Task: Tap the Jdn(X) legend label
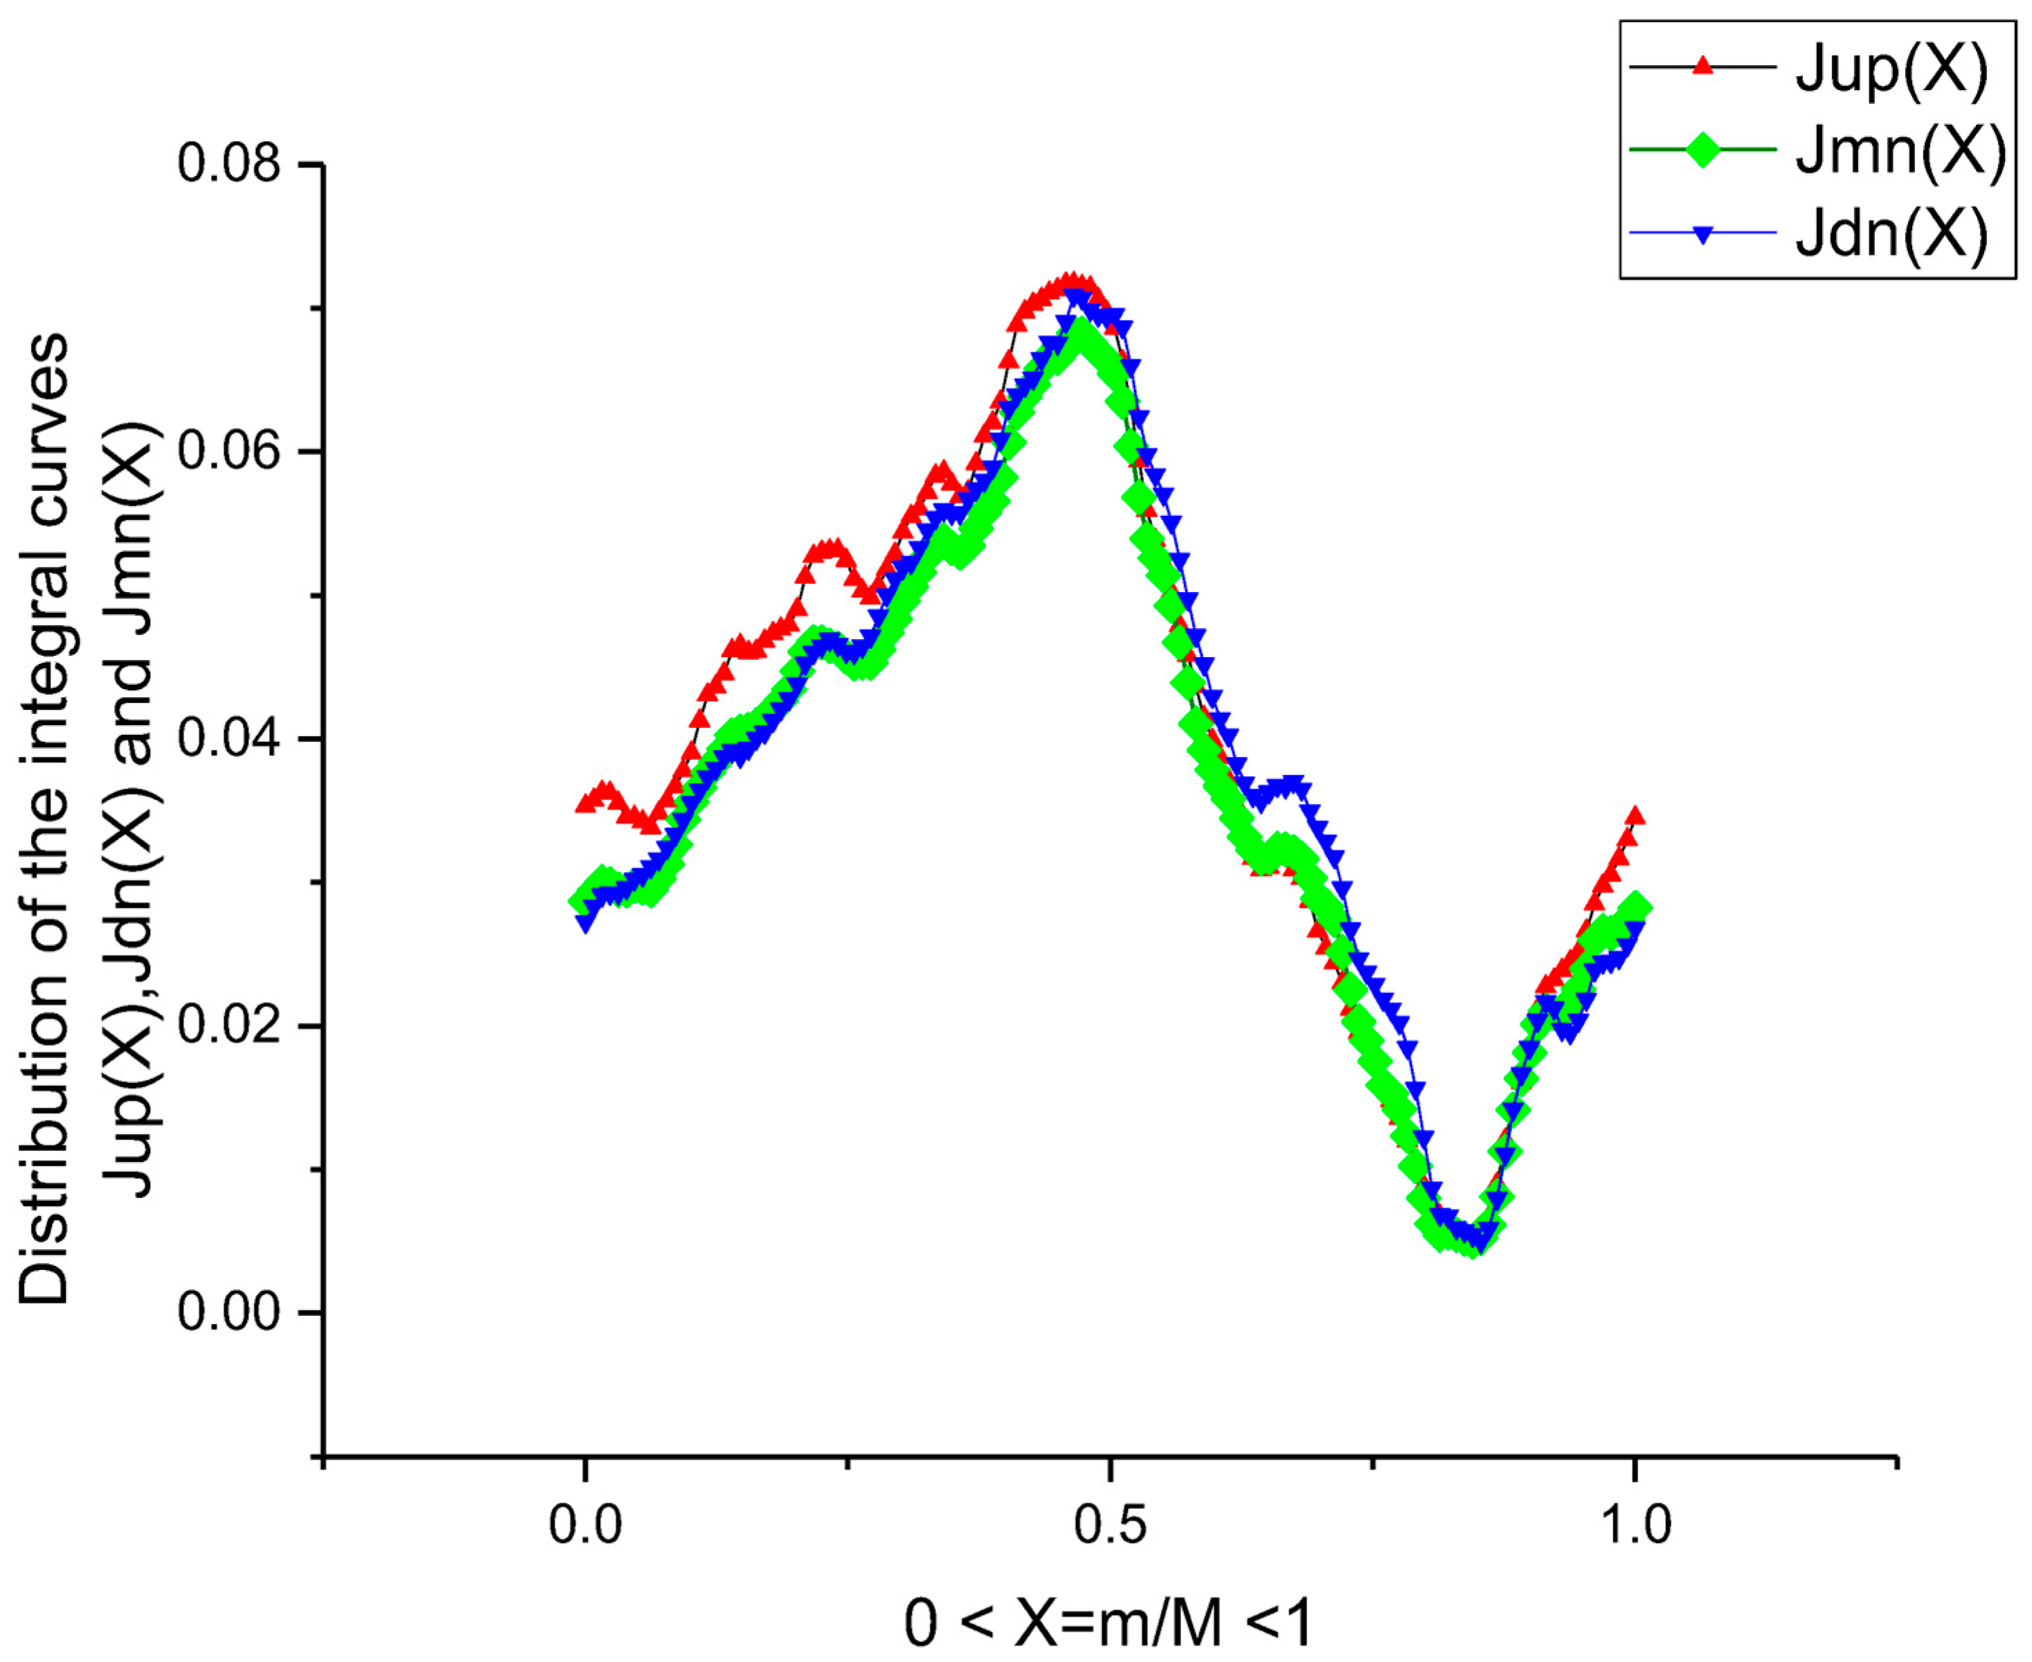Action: (x=1891, y=233)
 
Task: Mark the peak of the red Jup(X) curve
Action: (x=1073, y=280)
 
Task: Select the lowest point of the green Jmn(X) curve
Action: (x=1472, y=1244)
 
